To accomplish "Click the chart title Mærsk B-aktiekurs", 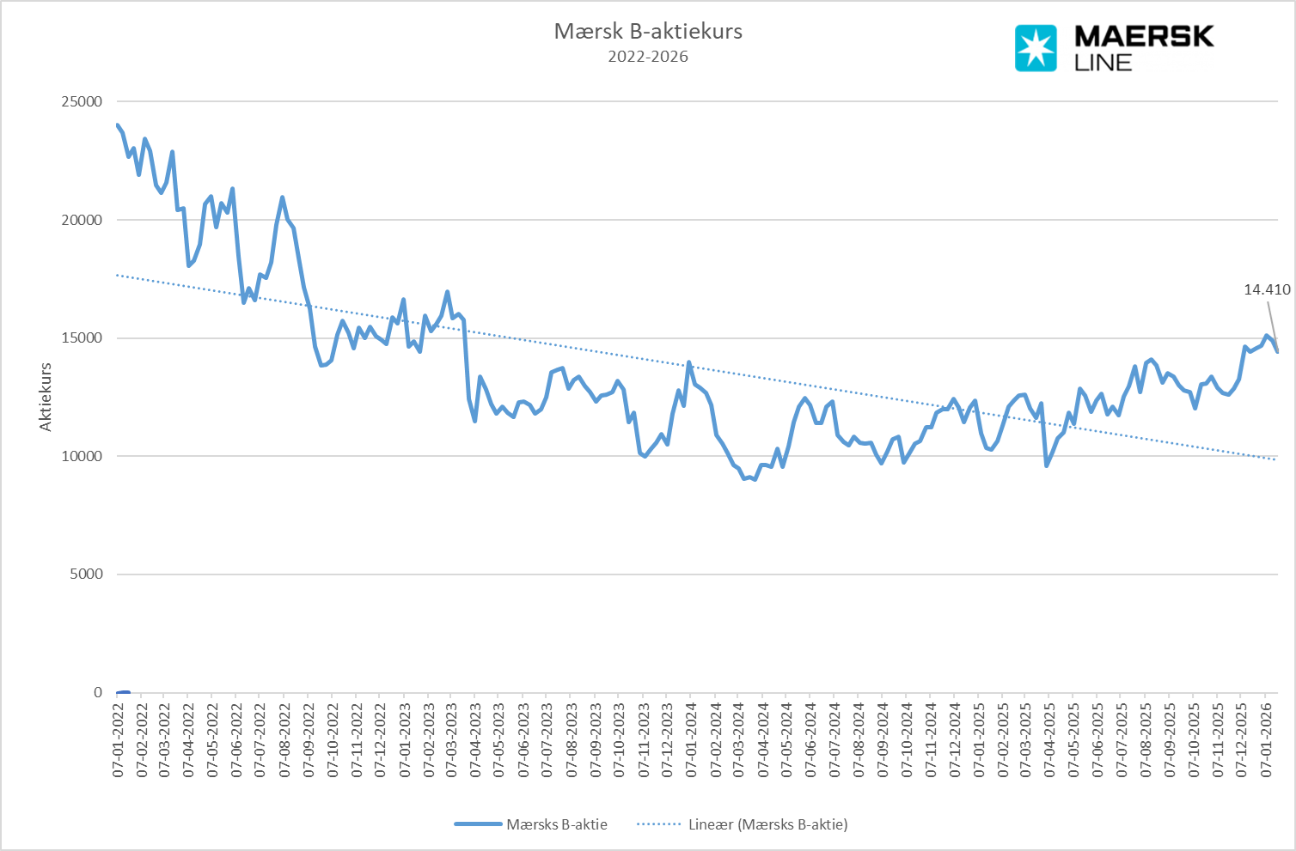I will [x=648, y=32].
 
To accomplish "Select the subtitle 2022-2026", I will [x=648, y=58].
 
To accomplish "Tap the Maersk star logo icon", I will [x=1036, y=48].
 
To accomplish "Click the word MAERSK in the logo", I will [x=1144, y=37].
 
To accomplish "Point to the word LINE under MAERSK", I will [x=1103, y=63].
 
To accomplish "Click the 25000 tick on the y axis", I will [x=82, y=101].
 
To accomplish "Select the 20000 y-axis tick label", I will [x=82, y=220].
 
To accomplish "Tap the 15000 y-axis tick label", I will [x=82, y=338].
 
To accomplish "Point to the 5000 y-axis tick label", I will [x=85, y=574].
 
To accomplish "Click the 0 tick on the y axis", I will [x=97, y=693].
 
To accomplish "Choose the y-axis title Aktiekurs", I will [x=46, y=397].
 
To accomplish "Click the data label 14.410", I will [x=1267, y=290].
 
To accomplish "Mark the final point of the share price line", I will [x=1277, y=351].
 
